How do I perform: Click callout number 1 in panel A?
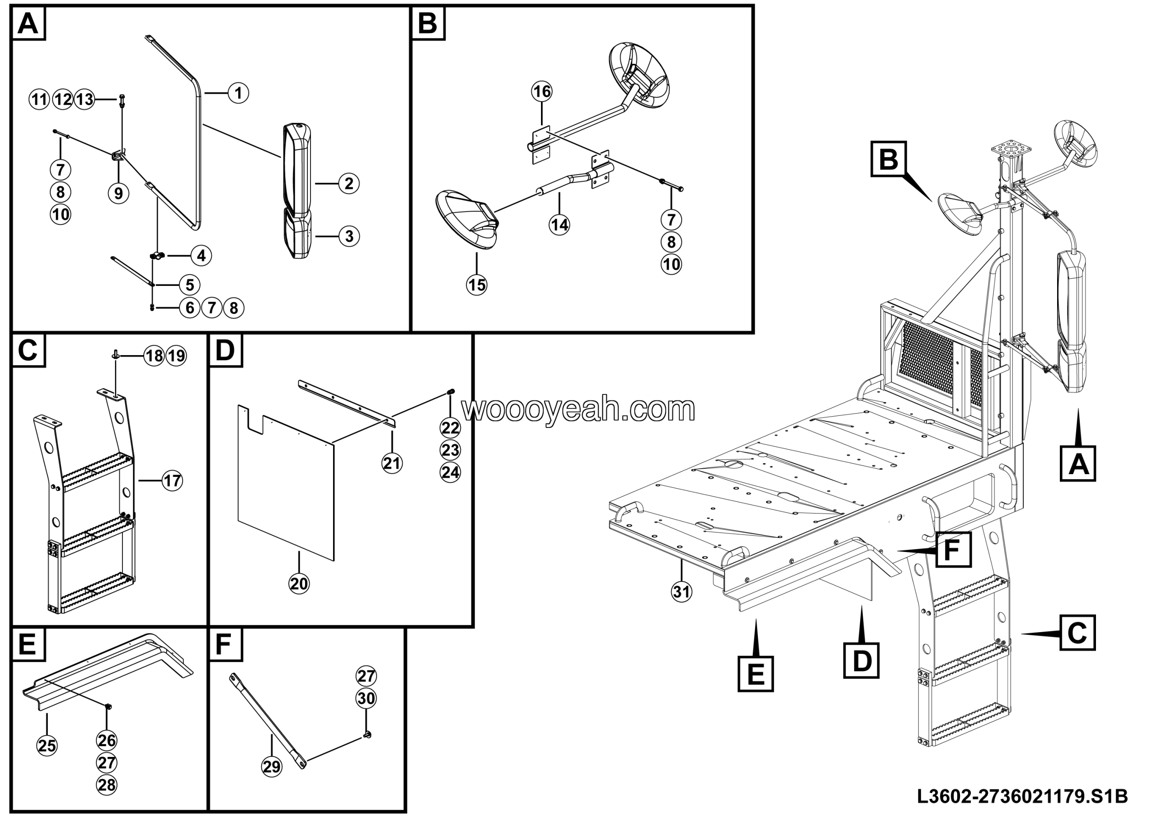(238, 93)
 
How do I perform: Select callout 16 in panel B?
(542, 92)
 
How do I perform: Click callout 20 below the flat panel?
(299, 584)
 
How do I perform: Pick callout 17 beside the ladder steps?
(172, 480)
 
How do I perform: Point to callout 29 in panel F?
(272, 767)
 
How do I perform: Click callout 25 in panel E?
(47, 745)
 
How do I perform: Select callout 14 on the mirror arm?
(560, 224)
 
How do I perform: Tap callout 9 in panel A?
(118, 193)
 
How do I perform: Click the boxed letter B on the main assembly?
(888, 159)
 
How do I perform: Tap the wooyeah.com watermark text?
(578, 409)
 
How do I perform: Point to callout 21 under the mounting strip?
(392, 463)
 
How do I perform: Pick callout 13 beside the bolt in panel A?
(85, 100)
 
